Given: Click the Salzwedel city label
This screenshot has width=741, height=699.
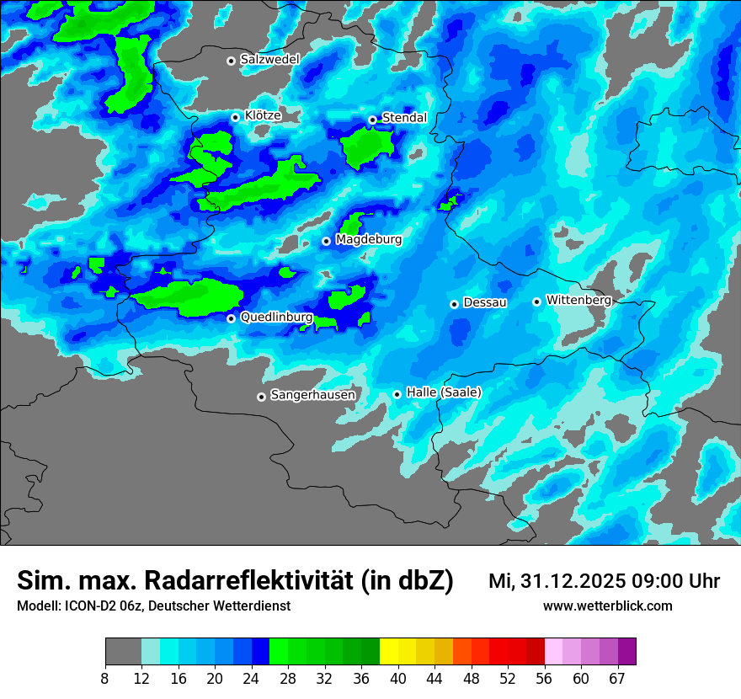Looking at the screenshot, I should click(x=269, y=60).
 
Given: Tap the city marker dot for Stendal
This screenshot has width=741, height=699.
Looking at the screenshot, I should click(x=372, y=120).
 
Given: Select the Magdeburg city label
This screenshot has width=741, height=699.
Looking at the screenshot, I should click(x=369, y=240).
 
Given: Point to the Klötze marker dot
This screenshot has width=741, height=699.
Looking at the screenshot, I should click(x=235, y=117).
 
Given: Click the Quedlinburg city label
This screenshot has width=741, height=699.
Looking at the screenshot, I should click(x=276, y=317).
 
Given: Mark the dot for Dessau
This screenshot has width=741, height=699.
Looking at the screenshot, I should click(x=454, y=304).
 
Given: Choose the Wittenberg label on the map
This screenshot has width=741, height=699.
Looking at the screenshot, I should click(x=578, y=300).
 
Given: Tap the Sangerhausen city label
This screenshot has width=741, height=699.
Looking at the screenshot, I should click(x=312, y=395).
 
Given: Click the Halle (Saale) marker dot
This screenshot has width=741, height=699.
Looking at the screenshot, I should click(x=397, y=394).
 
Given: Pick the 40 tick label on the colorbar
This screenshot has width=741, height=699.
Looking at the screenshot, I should click(x=398, y=679).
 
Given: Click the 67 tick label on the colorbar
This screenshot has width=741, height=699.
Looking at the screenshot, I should click(x=617, y=679).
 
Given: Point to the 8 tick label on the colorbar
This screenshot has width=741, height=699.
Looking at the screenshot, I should click(x=104, y=679).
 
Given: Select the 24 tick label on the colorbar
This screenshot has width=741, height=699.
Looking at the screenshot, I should click(x=252, y=679).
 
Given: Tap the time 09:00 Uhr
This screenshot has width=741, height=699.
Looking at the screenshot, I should click(x=674, y=581).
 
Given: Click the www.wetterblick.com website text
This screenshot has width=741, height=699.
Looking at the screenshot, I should click(x=607, y=606).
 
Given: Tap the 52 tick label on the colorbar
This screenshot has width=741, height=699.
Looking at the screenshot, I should click(x=508, y=679).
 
